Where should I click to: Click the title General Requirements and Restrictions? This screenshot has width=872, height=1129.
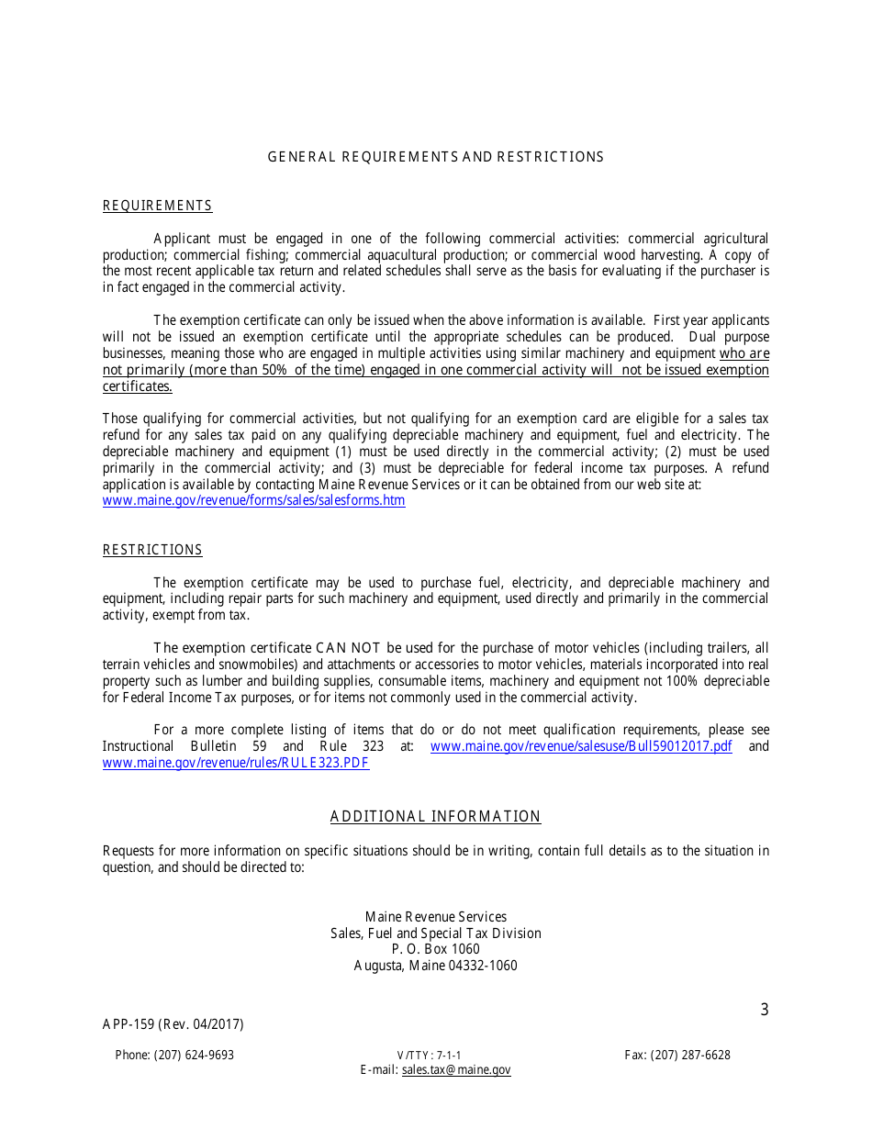pyautogui.click(x=436, y=157)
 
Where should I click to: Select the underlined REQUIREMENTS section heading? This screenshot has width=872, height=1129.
pyautogui.click(x=157, y=206)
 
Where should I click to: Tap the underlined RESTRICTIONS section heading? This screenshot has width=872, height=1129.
pyautogui.click(x=152, y=550)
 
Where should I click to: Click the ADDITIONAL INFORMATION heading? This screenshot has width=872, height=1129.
pyautogui.click(x=436, y=817)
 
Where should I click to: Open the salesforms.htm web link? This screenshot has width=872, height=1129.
pyautogui.click(x=253, y=501)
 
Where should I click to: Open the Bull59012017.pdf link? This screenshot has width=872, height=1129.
pyautogui.click(x=581, y=746)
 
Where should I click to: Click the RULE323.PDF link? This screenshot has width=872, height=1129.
pyautogui.click(x=236, y=763)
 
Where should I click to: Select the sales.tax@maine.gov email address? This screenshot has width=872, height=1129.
pyautogui.click(x=456, y=1070)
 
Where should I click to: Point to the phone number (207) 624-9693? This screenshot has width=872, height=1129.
pyautogui.click(x=174, y=1056)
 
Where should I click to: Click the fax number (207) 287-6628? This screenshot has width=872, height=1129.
pyautogui.click(x=677, y=1056)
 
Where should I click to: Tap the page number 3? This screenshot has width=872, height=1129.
pyautogui.click(x=765, y=1011)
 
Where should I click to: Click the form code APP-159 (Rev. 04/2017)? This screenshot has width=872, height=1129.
pyautogui.click(x=173, y=1024)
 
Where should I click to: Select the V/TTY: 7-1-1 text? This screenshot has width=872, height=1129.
pyautogui.click(x=430, y=1056)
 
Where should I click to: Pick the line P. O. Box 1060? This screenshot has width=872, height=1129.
pyautogui.click(x=436, y=949)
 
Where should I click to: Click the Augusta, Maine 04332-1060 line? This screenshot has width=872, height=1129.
pyautogui.click(x=436, y=966)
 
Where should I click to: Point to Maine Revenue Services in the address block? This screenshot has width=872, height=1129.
pyautogui.click(x=436, y=917)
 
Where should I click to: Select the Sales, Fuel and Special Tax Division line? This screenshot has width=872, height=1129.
pyautogui.click(x=436, y=933)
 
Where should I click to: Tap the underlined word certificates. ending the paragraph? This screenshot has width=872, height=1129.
pyautogui.click(x=138, y=386)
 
